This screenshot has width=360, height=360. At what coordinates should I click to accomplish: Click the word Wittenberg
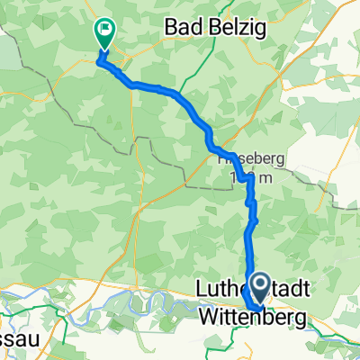tap(250, 319)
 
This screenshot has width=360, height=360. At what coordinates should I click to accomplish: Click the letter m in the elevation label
tap(261, 177)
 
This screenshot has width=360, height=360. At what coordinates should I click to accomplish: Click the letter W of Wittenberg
tap(203, 319)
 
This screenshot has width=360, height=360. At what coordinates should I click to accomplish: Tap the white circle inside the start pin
tap(257, 286)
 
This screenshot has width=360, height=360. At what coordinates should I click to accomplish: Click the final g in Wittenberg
tap(297, 320)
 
